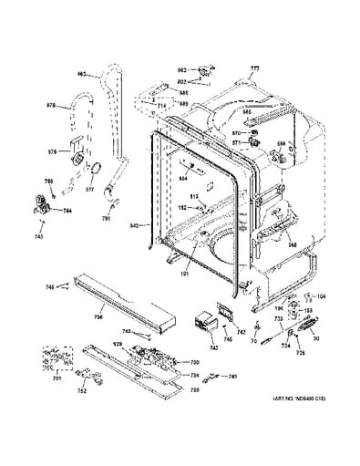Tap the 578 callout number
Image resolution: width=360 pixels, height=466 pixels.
[52, 106]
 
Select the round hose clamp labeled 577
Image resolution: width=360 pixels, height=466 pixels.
[90, 164]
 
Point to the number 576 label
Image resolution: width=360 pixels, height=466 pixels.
[53, 151]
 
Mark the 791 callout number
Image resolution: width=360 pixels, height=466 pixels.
[106, 219]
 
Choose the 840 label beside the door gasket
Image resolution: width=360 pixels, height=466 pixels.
[134, 224]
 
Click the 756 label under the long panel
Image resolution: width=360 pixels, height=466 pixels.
[98, 318]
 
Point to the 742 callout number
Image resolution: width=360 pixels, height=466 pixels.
[242, 333]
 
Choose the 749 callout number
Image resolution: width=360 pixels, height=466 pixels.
[233, 377]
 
